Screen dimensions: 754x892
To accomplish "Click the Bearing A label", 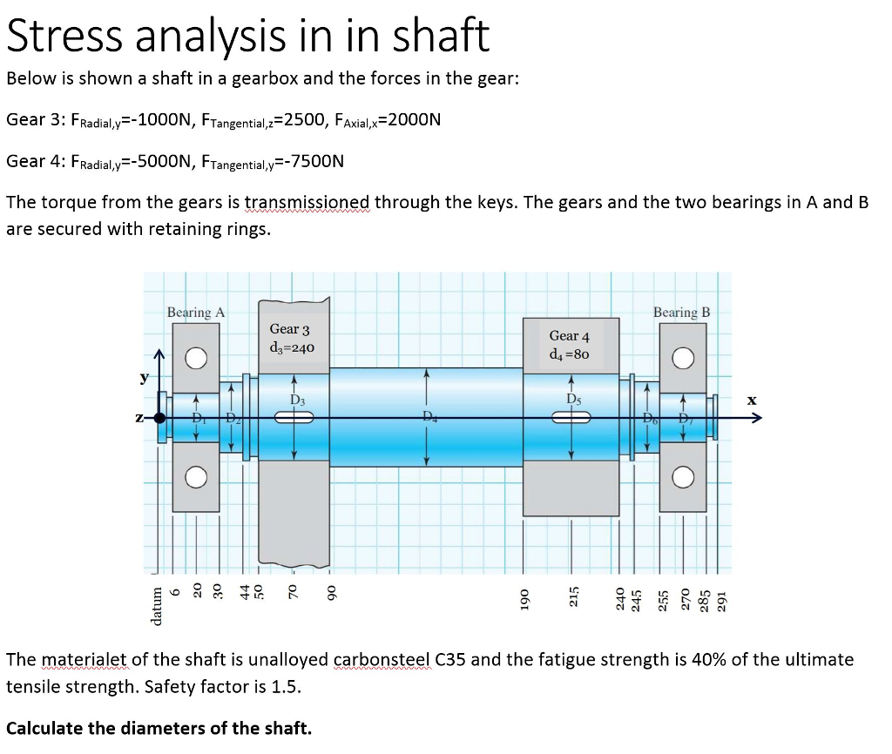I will pos(196,312).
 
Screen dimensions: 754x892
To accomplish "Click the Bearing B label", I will pos(681,312).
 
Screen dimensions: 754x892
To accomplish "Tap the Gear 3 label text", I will pos(289,329).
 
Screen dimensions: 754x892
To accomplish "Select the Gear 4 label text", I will pos(569,336).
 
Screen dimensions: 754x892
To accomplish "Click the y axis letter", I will pos(145,378).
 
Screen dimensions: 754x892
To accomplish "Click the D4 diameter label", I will pos(429,415).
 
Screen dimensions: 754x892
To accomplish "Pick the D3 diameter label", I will pos(297,400).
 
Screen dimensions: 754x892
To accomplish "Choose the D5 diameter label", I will pos(573,400).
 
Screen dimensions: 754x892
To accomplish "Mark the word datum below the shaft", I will pos(157,601).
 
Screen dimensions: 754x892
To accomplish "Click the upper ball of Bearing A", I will pos(196,359).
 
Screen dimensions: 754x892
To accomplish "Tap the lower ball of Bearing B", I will pos(684,477).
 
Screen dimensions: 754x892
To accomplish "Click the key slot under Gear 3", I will pos(294,418).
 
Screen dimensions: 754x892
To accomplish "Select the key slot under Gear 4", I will pos(571,418).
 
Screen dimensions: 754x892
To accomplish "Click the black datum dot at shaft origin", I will pos(159,418).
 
